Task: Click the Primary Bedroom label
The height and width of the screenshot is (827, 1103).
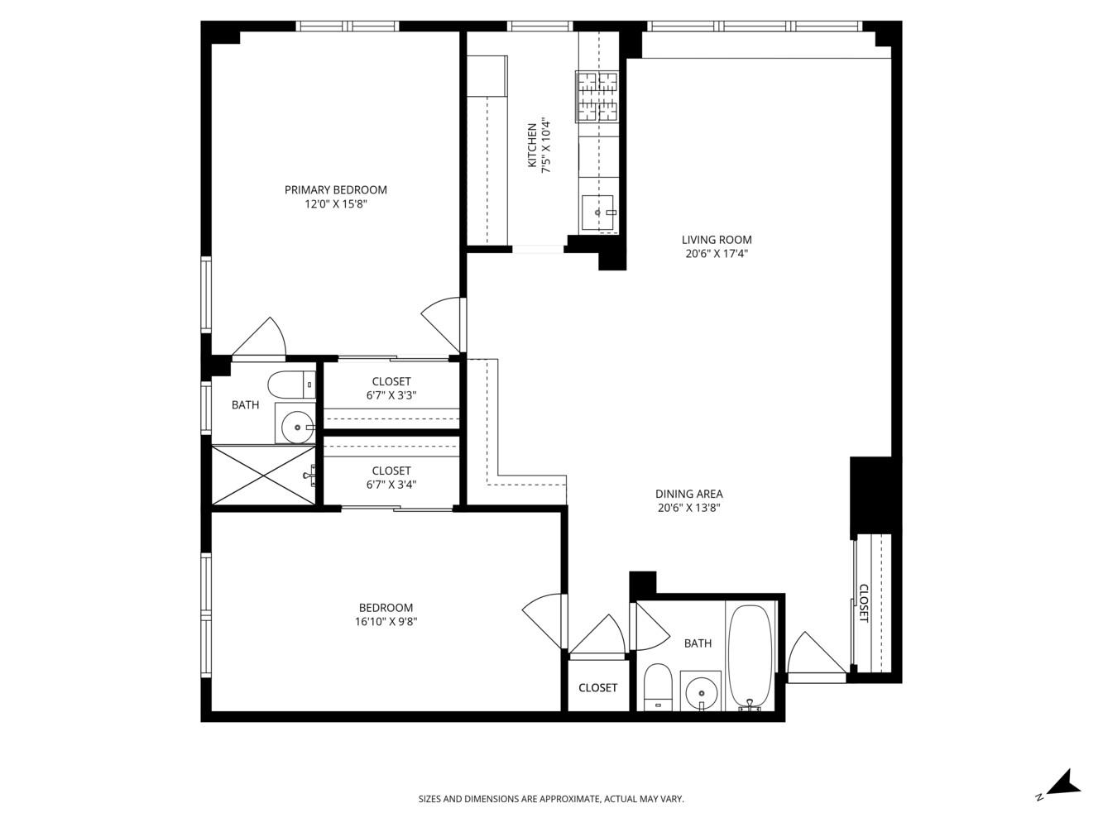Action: tap(335, 190)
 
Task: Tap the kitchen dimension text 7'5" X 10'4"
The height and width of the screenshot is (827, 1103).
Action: tap(545, 146)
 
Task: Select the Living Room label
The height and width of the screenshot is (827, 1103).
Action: tap(717, 240)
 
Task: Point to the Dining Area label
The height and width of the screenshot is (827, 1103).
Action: tap(689, 495)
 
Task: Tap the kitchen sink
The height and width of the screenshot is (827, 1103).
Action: tap(597, 213)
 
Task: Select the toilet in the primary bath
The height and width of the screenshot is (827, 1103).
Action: tap(291, 385)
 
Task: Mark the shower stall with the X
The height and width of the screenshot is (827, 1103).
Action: tap(264, 475)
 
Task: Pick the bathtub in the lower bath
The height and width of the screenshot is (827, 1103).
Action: tap(750, 654)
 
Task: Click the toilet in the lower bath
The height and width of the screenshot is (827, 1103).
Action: tap(659, 686)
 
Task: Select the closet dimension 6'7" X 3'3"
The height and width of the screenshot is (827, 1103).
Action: tap(391, 395)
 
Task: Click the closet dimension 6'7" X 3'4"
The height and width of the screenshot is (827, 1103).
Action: tap(391, 485)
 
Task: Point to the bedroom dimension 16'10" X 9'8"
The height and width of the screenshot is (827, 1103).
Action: tap(385, 622)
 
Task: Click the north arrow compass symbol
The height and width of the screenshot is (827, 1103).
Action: tap(1060, 783)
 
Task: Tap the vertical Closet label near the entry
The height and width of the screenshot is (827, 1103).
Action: tap(863, 603)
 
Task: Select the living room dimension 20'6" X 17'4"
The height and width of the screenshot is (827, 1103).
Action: tap(717, 255)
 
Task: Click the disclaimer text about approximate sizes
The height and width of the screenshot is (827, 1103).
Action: tap(551, 799)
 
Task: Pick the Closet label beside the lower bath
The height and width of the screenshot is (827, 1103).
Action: tap(597, 688)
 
